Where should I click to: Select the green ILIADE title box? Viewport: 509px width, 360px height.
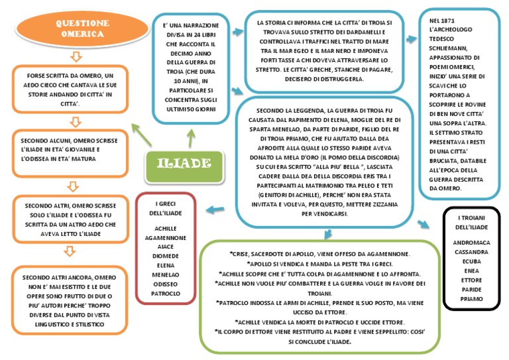tap(184, 164)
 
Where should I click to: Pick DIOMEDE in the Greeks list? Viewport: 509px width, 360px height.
tap(165, 255)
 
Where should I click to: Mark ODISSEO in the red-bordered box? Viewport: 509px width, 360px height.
tap(165, 283)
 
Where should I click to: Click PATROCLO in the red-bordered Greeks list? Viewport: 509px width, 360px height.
tap(165, 292)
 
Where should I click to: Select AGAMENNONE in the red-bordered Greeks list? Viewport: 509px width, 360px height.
tap(165, 237)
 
